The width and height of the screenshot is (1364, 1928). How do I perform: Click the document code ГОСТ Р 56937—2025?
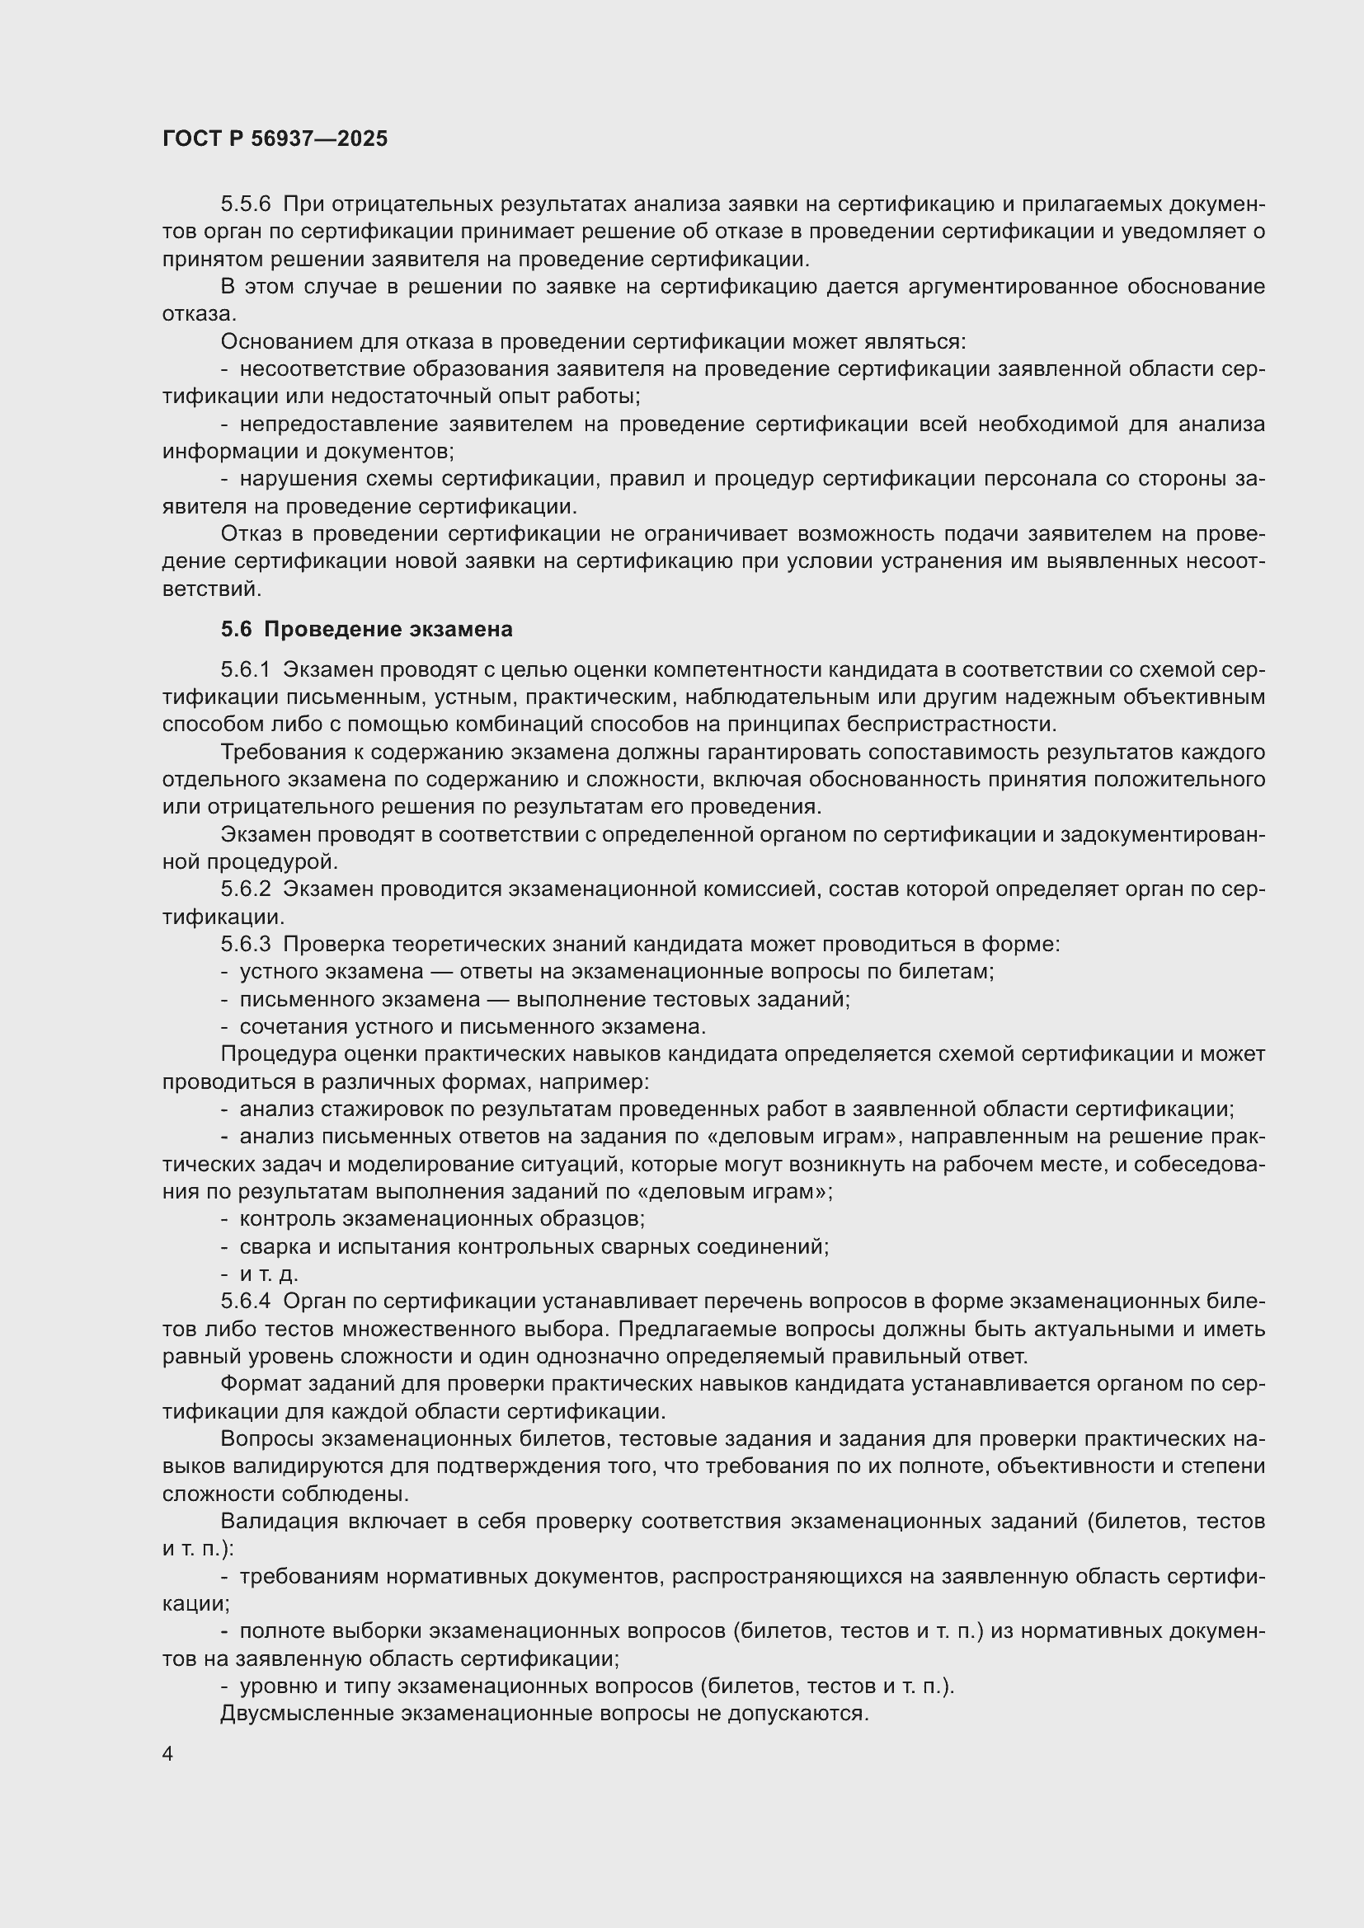point(275,138)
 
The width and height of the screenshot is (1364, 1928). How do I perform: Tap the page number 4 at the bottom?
point(168,1754)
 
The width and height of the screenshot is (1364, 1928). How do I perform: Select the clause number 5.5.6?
point(245,204)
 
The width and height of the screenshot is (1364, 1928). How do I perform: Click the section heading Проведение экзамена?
point(388,629)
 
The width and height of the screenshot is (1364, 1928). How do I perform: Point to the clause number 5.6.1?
point(245,669)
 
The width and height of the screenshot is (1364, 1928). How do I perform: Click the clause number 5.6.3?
point(245,944)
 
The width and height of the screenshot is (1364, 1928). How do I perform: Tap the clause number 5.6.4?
point(245,1302)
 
